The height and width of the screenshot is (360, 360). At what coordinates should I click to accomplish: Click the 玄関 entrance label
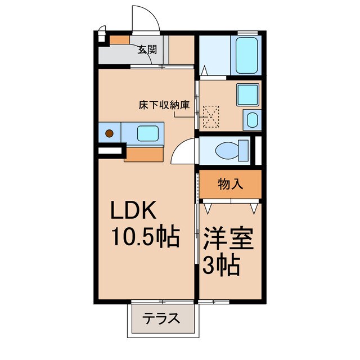(x=147, y=49)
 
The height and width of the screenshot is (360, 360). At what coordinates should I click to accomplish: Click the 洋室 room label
(x=228, y=239)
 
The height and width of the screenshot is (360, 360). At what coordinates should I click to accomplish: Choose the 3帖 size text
(x=222, y=264)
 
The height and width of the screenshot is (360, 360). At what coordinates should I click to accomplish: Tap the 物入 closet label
(x=230, y=184)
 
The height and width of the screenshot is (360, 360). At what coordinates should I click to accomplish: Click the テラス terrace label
(x=161, y=319)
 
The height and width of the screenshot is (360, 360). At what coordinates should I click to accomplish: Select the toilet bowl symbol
(x=232, y=150)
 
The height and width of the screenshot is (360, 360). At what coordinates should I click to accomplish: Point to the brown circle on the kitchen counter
(x=110, y=134)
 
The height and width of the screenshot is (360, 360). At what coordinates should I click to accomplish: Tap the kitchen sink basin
(x=147, y=134)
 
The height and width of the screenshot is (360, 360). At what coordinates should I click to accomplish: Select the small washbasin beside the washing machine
(x=251, y=119)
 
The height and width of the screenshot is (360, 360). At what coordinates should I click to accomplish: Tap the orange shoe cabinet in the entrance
(x=119, y=40)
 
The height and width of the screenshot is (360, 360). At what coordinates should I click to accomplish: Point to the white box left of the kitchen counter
(x=110, y=150)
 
